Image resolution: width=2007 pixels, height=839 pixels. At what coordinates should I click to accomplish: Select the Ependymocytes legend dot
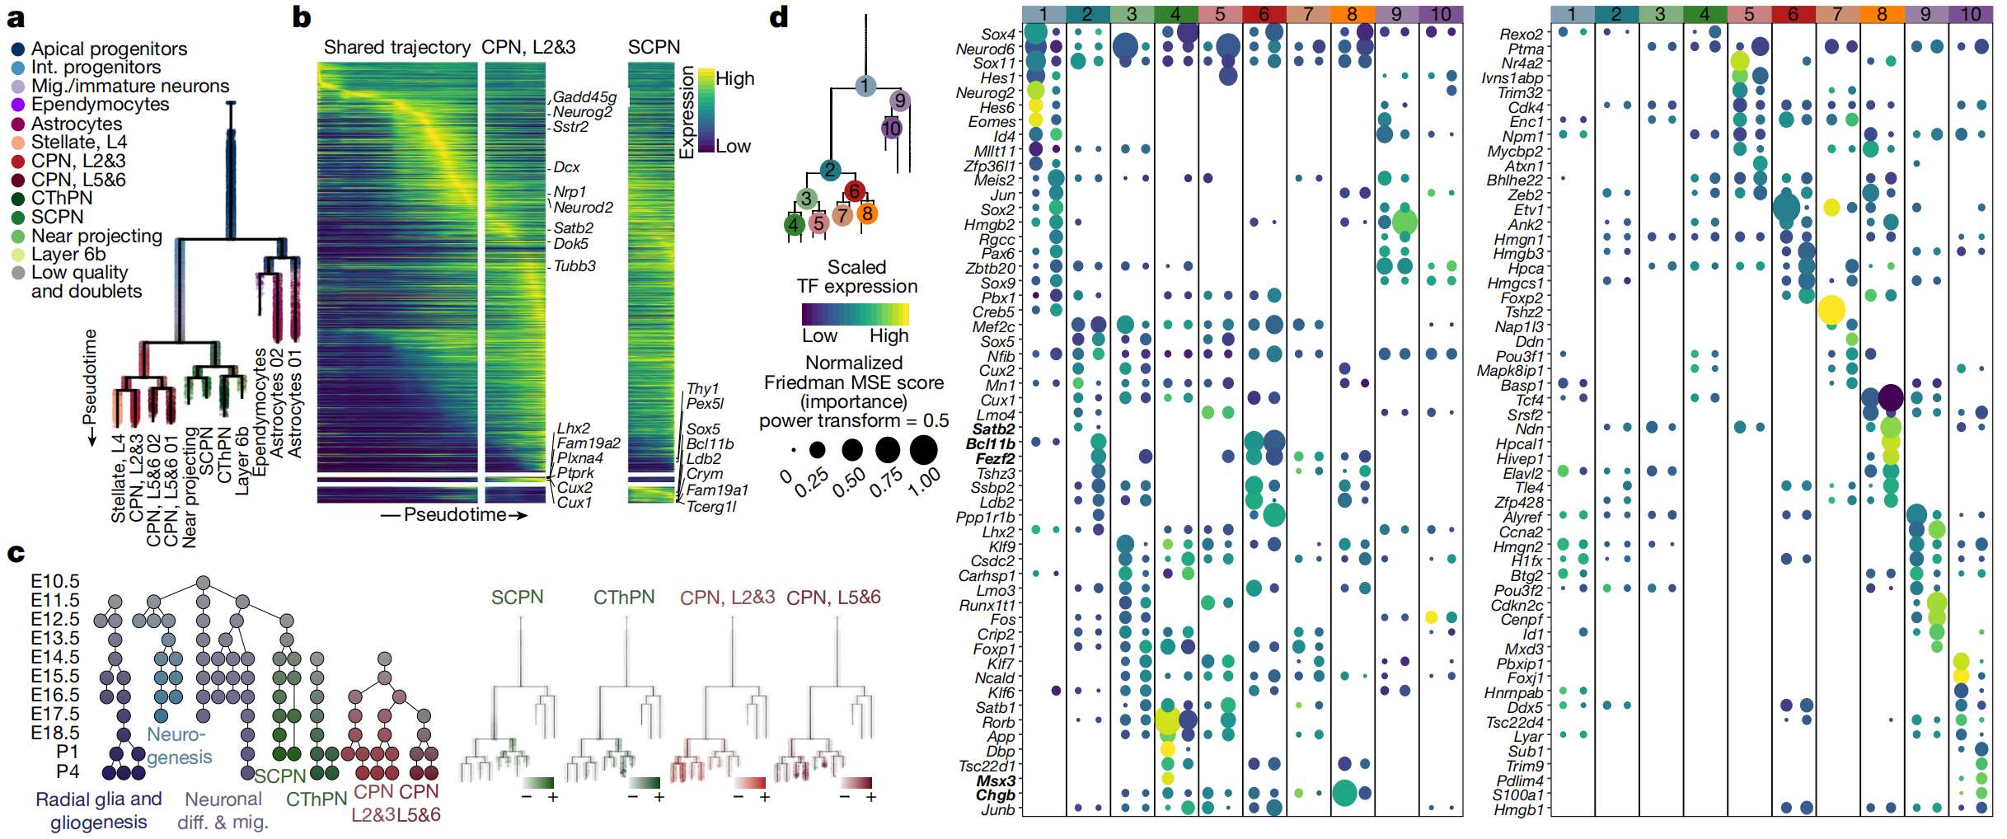click(x=18, y=105)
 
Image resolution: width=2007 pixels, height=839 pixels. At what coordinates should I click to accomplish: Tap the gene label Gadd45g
click(x=584, y=97)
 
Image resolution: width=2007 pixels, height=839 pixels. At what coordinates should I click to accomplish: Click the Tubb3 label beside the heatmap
click(x=574, y=266)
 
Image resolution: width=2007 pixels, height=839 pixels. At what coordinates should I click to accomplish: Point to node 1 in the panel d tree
click(x=865, y=86)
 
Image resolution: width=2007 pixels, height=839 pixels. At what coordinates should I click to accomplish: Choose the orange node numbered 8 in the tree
click(x=866, y=213)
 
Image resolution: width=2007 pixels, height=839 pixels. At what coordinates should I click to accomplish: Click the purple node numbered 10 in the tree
click(x=891, y=128)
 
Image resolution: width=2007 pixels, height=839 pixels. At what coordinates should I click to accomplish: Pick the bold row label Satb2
click(x=993, y=429)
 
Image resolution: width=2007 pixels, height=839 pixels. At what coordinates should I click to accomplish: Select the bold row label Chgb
click(x=995, y=795)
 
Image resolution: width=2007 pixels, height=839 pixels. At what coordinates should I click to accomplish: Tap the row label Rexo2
click(x=1521, y=35)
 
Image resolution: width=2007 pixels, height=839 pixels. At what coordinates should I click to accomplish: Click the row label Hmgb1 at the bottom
click(x=1518, y=810)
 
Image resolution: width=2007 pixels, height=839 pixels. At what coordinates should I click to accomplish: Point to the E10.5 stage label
click(x=55, y=581)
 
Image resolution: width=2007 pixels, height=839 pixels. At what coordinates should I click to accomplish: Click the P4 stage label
click(x=68, y=771)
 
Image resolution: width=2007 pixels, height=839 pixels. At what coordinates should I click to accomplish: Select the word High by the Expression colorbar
click(x=734, y=79)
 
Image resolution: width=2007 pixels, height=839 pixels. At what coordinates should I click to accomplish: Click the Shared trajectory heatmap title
click(x=396, y=47)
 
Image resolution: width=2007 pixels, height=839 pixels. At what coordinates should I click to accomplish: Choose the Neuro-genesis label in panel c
click(x=178, y=746)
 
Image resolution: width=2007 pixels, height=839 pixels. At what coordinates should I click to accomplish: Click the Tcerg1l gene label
click(x=711, y=506)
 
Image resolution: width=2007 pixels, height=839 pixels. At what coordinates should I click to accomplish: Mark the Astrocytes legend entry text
click(x=77, y=124)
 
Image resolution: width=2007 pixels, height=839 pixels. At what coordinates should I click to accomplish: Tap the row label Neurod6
click(x=985, y=49)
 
